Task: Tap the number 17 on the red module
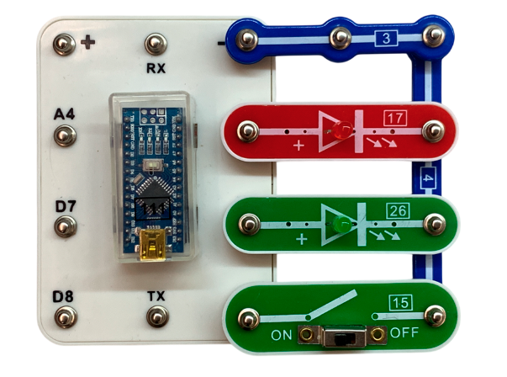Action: click(x=393, y=118)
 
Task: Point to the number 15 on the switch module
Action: click(x=399, y=302)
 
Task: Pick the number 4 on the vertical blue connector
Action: click(x=425, y=178)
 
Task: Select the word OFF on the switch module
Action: click(x=404, y=332)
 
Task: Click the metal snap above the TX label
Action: click(x=156, y=316)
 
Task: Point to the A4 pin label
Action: click(x=64, y=113)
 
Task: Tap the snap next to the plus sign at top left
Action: click(x=64, y=44)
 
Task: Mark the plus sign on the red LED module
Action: click(x=298, y=146)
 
